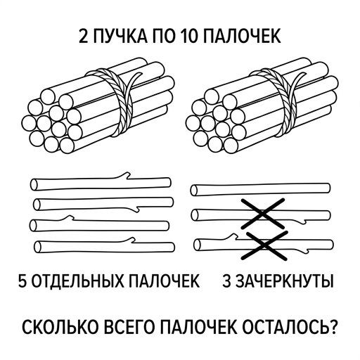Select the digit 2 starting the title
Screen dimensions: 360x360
click(x=84, y=37)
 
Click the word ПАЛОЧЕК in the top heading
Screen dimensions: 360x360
click(x=241, y=37)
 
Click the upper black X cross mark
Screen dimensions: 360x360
click(x=263, y=214)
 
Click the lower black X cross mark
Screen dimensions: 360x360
click(x=264, y=245)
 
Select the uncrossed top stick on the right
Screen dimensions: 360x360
click(x=260, y=190)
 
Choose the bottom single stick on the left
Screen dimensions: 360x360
click(x=105, y=246)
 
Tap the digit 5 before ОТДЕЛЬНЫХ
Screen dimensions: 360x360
click(x=22, y=281)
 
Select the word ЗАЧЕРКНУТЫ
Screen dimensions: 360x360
click(x=284, y=281)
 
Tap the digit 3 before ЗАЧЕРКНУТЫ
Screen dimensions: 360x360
click(x=226, y=281)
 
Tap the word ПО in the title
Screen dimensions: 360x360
click(x=164, y=37)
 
